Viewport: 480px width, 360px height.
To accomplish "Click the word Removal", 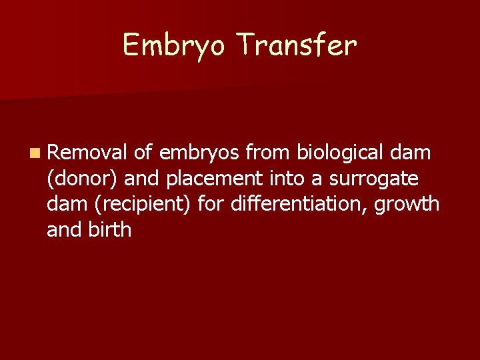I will pyautogui.click(x=87, y=153).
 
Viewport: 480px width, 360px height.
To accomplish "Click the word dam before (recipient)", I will pyautogui.click(x=65, y=204).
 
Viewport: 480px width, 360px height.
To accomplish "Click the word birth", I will pyautogui.click(x=111, y=229).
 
